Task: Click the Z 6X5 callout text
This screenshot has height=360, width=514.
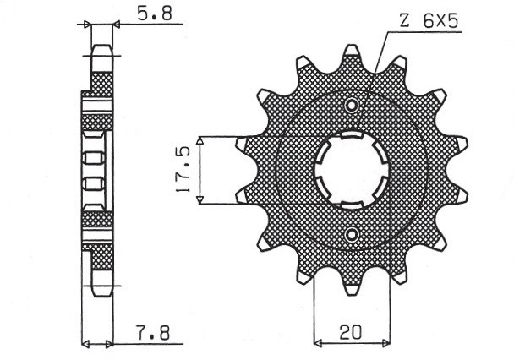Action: click(x=429, y=22)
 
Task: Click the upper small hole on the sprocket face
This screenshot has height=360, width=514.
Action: click(x=352, y=105)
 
